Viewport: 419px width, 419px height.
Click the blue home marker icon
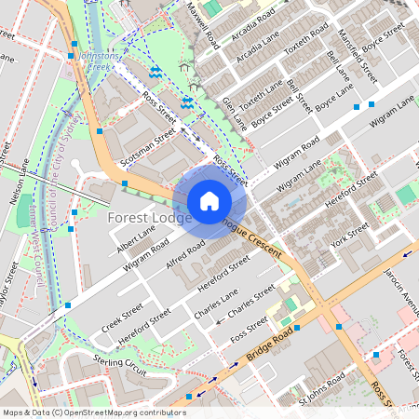click(x=209, y=201)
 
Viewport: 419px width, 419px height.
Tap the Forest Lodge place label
click(x=150, y=218)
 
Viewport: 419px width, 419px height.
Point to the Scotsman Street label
click(x=148, y=146)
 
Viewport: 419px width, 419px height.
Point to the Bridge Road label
click(x=271, y=345)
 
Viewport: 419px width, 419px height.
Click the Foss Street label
click(x=250, y=327)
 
